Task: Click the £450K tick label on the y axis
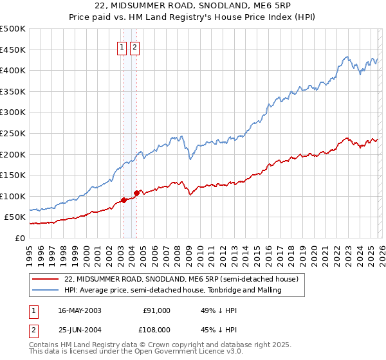13,50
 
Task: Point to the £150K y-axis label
13,175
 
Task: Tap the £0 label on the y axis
21,238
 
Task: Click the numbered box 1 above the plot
122,46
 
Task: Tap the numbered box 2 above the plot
134,46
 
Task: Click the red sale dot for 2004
136,193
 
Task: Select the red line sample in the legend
46,280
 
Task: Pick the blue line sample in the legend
46,291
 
